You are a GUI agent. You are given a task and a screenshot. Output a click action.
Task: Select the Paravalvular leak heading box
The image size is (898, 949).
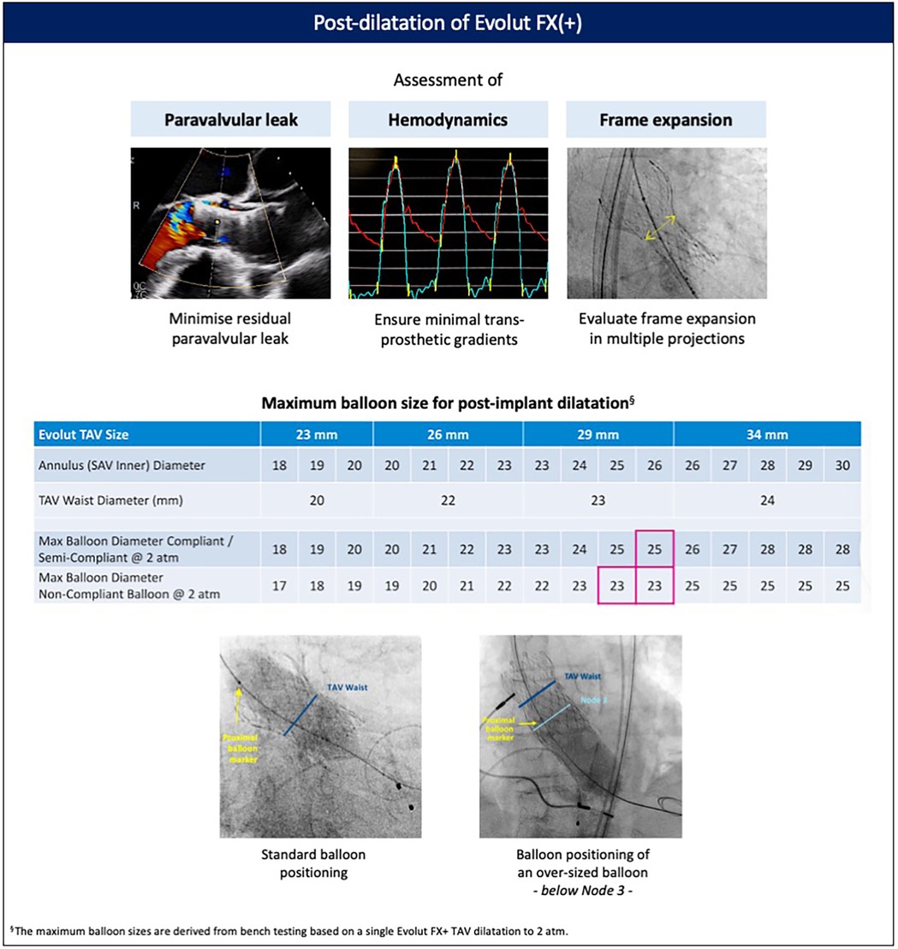(231, 120)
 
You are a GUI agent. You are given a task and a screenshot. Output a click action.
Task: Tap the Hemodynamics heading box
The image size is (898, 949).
(449, 120)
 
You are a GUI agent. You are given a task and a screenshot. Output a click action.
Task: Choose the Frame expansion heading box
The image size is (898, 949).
(666, 120)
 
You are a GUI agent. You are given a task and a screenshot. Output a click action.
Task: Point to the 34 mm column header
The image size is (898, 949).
(767, 435)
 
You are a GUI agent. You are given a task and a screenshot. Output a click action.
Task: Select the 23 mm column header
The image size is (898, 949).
(317, 435)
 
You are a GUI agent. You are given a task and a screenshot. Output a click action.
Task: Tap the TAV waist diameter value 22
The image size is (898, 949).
(448, 501)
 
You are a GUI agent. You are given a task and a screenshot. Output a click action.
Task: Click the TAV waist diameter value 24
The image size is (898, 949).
(767, 501)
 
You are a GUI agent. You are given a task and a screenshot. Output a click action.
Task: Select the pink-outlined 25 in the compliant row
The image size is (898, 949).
(655, 549)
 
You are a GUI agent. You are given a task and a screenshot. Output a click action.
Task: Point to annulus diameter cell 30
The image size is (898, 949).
(842, 466)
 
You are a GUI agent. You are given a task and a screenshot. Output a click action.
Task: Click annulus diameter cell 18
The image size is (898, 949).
(280, 466)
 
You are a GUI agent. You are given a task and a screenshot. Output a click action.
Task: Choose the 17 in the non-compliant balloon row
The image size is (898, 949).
(280, 587)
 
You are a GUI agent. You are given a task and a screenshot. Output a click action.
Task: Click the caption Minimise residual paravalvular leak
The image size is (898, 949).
(231, 326)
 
